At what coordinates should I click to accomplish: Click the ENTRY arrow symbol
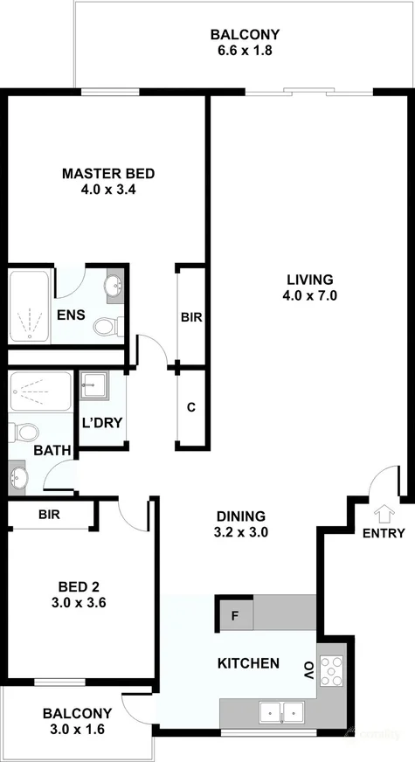tap(384, 513)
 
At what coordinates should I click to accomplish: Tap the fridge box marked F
tap(235, 616)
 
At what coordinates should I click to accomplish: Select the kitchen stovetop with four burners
tap(332, 671)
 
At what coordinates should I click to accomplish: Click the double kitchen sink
tap(282, 712)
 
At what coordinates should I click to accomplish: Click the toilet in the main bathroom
tap(24, 432)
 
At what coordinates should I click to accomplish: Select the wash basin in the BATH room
tap(18, 479)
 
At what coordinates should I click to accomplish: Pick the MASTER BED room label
tap(108, 173)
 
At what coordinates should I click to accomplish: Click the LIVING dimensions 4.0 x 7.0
tap(310, 295)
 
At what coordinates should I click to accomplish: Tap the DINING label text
tap(241, 516)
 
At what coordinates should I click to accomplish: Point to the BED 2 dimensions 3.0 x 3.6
tap(79, 603)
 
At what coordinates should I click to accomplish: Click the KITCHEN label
tap(248, 663)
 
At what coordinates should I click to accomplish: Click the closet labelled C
tap(191, 408)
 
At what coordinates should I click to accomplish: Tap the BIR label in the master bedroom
tap(191, 318)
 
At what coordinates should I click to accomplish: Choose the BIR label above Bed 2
tap(49, 515)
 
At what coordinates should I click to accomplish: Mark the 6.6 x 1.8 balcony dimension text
tap(245, 51)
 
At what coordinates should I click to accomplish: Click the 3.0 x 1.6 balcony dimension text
tap(77, 729)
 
